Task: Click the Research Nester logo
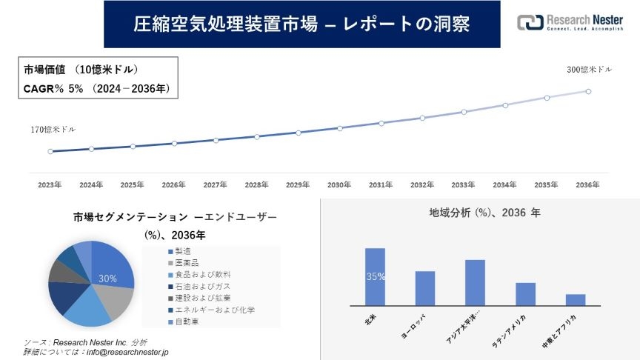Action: click(570, 22)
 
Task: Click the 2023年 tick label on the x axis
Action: click(50, 184)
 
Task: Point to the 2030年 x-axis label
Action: click(339, 184)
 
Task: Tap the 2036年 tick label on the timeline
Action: click(587, 184)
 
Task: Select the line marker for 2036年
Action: click(588, 91)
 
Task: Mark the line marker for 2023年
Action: click(50, 151)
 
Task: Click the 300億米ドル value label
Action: click(590, 70)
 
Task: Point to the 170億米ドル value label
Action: click(53, 130)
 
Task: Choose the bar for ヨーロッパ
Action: click(425, 288)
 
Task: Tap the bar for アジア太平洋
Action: click(475, 282)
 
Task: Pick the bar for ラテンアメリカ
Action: click(525, 293)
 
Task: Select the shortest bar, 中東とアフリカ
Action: click(576, 299)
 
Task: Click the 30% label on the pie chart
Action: click(107, 279)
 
